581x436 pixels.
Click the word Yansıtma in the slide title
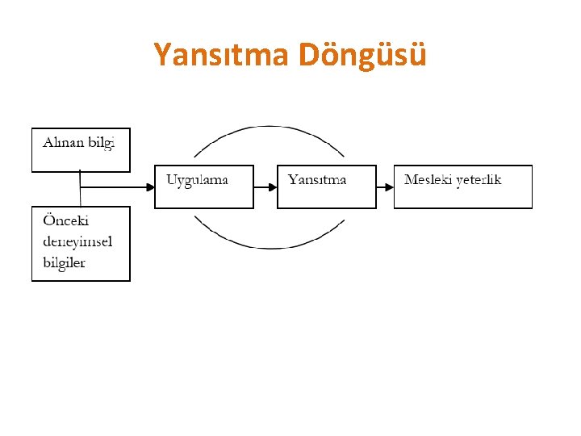click(x=221, y=56)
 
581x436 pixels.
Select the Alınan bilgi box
click(x=81, y=150)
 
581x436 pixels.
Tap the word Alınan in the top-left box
click(x=61, y=141)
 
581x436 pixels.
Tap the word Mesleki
click(x=428, y=179)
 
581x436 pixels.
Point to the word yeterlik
click(x=479, y=179)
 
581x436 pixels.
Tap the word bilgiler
click(x=64, y=262)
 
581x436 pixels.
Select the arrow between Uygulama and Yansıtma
click(x=265, y=187)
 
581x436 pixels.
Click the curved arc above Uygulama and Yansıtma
click(x=269, y=127)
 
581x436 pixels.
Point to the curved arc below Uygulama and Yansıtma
click(x=269, y=246)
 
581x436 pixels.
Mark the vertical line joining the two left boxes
click(x=80, y=189)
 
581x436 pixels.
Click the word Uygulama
click(x=197, y=179)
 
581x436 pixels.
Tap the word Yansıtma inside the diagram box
click(x=317, y=179)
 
